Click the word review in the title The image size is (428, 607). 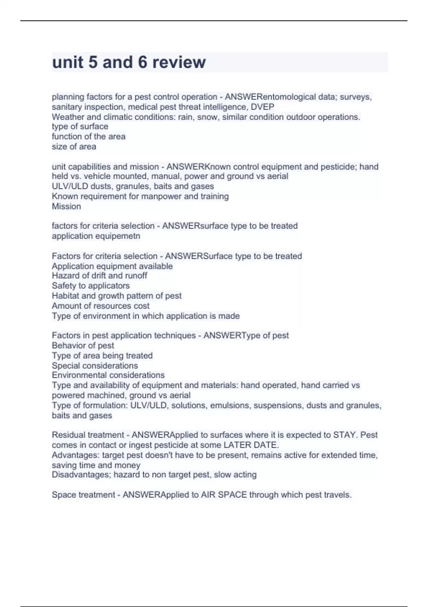click(179, 62)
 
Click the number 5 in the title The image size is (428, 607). click(93, 62)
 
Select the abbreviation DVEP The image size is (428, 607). click(263, 107)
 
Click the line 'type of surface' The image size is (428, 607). click(80, 126)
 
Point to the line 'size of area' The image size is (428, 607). click(74, 146)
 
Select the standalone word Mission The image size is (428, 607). click(66, 206)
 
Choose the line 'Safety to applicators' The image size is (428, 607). click(91, 286)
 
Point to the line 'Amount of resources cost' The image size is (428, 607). click(101, 306)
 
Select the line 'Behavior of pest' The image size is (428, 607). click(83, 346)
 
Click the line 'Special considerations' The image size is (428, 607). click(95, 366)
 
